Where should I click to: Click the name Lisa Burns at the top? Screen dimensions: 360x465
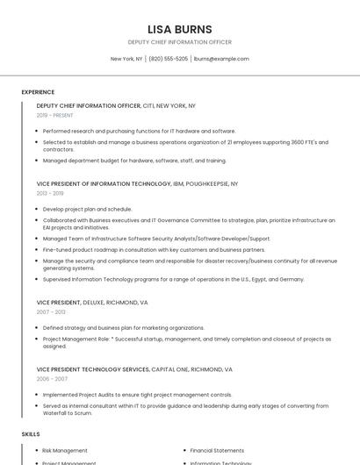coord(180,29)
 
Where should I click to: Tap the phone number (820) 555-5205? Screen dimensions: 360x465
coord(169,59)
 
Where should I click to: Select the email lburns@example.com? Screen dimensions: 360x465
coord(221,59)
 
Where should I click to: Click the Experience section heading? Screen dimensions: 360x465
coord(38,92)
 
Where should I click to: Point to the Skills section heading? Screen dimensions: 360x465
coord(31,434)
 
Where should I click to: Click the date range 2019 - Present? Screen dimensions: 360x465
coord(54,115)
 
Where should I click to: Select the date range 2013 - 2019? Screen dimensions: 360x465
coord(50,193)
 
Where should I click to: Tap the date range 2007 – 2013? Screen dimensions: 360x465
coord(51,311)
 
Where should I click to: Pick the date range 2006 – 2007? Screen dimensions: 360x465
coord(52,379)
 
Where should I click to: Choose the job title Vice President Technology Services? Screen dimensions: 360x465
coord(93,370)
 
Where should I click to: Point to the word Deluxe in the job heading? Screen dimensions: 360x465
coord(96,303)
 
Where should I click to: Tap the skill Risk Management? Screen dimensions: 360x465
coord(65,450)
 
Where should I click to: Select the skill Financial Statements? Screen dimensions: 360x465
coord(217,450)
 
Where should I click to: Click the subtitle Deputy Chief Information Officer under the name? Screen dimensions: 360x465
coord(180,42)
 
